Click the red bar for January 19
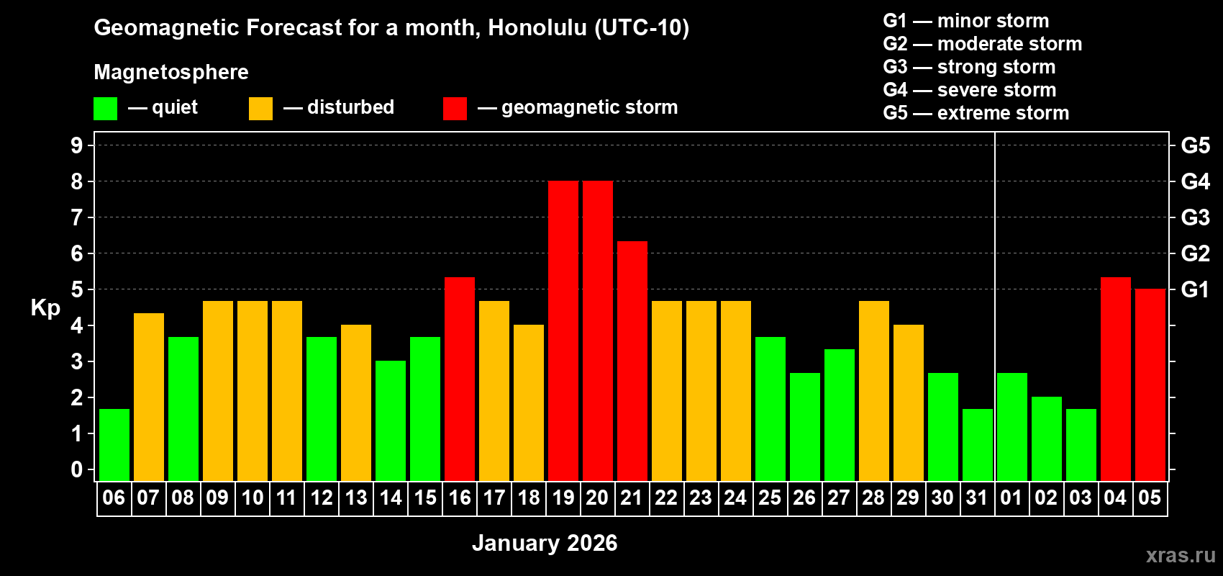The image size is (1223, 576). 563,331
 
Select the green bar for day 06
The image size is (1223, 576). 114,445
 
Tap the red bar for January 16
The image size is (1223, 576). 459,379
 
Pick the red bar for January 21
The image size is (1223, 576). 632,361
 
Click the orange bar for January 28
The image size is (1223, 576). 873,391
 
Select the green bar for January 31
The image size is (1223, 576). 977,445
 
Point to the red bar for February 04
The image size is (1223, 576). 1115,379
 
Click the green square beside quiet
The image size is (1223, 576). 105,109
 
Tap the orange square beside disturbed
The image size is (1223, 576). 260,109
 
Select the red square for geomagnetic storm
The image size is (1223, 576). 455,109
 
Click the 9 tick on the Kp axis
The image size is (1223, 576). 77,145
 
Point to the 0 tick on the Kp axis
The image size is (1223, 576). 77,469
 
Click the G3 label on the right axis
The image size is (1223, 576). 1195,217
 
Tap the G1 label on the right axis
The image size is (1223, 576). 1195,289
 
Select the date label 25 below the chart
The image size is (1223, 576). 770,498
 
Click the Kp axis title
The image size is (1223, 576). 45,308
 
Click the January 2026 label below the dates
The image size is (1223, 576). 545,543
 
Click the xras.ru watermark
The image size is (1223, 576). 1180,554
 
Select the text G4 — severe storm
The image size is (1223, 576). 969,90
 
